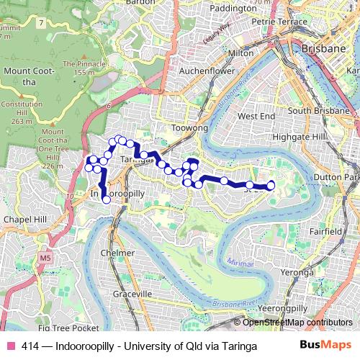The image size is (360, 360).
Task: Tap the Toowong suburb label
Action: tap(190, 128)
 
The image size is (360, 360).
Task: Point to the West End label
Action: tap(256, 116)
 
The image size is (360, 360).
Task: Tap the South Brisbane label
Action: tap(320, 112)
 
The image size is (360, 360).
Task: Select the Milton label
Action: tap(240, 54)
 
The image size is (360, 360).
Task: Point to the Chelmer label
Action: tap(117, 253)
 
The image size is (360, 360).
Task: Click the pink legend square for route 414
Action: tap(10, 346)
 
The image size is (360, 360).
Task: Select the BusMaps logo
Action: tap(325, 346)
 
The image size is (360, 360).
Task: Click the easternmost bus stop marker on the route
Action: tap(271, 186)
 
